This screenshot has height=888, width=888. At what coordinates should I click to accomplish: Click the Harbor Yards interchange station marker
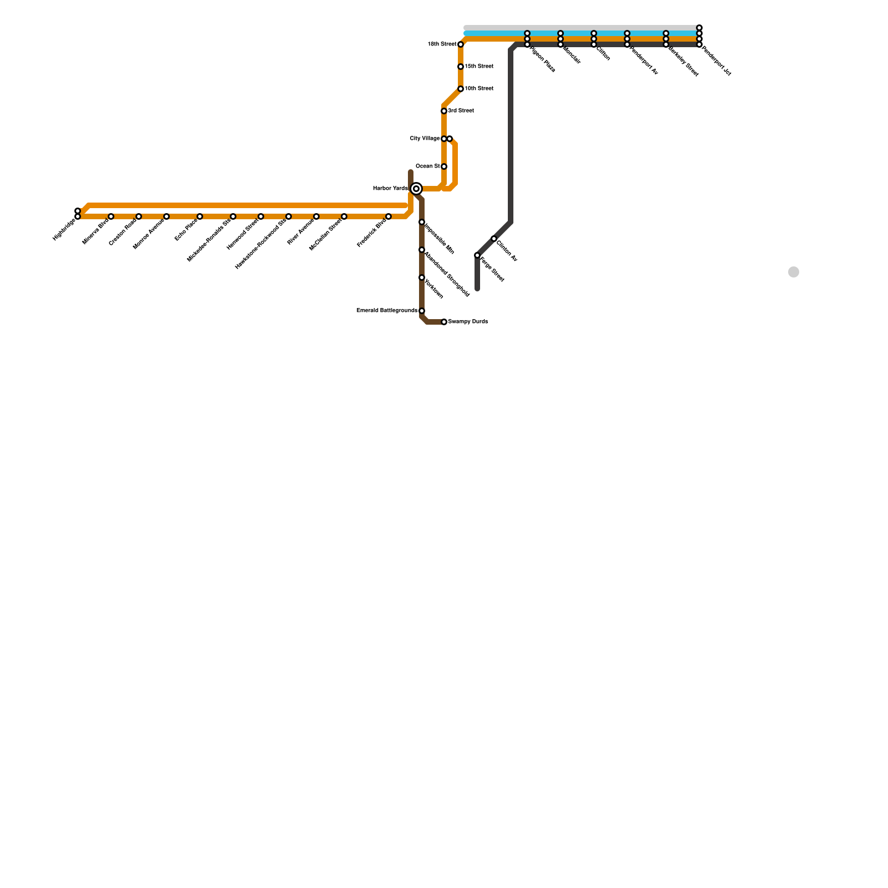tap(416, 189)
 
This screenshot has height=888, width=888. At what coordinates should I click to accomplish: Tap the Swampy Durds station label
tap(468, 322)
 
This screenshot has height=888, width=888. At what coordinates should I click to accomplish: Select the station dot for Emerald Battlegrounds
tap(422, 311)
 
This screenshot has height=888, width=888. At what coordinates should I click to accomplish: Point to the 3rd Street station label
tap(461, 111)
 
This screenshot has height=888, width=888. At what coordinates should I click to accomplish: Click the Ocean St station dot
tap(444, 167)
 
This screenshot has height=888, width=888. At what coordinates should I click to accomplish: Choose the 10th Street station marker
tap(461, 89)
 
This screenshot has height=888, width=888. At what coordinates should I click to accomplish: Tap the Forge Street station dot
tap(477, 255)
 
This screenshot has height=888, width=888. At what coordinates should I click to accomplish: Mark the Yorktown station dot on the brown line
tap(422, 277)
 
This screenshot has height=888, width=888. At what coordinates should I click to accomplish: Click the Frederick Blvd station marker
tap(389, 216)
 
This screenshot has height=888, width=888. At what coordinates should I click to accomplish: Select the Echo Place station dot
tap(200, 216)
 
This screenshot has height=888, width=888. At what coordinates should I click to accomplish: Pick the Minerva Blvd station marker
tap(111, 216)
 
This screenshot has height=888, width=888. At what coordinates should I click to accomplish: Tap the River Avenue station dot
tap(316, 216)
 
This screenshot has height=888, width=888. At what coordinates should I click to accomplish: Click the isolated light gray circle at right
tap(794, 272)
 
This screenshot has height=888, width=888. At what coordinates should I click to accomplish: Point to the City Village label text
tap(425, 139)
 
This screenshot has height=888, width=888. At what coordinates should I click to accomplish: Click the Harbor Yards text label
tap(390, 189)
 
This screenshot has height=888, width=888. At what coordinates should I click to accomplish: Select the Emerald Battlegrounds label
tap(387, 311)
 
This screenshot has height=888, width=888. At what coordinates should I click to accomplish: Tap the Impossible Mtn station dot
tap(422, 222)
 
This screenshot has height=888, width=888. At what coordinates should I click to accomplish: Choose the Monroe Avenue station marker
tap(167, 216)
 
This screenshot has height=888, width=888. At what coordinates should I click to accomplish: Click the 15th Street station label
tap(478, 67)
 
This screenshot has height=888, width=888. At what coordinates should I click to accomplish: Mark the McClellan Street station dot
tap(344, 216)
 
